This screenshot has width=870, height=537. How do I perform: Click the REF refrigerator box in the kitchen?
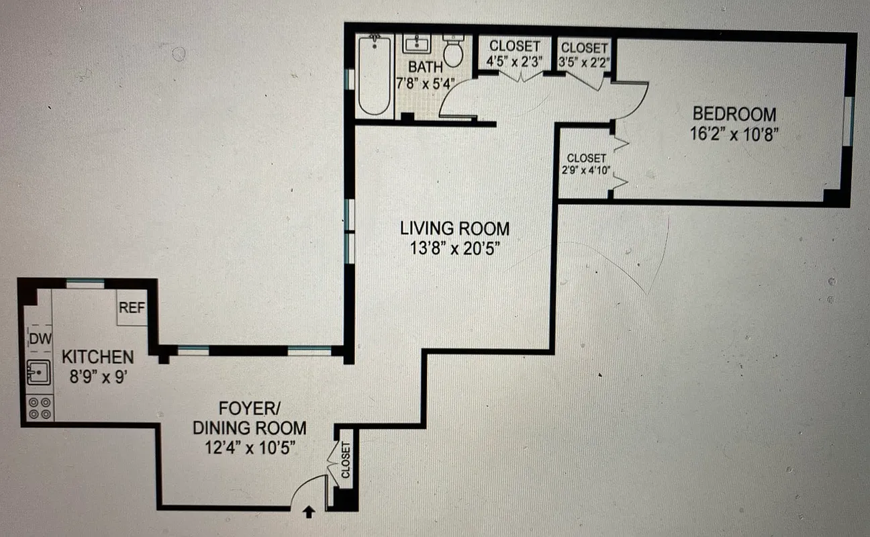(x=132, y=309)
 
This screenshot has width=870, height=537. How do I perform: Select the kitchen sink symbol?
(x=38, y=371)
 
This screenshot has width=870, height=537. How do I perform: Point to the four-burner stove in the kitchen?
(x=38, y=407)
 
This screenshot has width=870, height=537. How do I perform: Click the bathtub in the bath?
(x=374, y=75)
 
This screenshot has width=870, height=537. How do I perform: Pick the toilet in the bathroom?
(x=454, y=51)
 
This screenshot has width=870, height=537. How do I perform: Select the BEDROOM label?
(x=734, y=113)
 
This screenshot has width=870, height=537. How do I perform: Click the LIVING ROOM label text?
(x=454, y=228)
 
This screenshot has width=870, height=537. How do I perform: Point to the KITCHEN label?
(x=97, y=357)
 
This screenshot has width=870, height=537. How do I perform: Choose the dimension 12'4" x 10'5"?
(x=248, y=448)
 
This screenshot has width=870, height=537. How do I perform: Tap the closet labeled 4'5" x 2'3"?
(x=514, y=54)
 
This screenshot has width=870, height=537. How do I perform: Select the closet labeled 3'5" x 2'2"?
(x=584, y=55)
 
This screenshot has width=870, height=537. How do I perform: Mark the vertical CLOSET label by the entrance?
(x=346, y=460)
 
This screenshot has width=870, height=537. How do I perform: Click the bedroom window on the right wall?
(x=849, y=121)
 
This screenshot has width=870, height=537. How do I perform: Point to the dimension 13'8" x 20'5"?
(x=454, y=248)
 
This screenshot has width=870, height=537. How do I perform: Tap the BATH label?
(x=425, y=66)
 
